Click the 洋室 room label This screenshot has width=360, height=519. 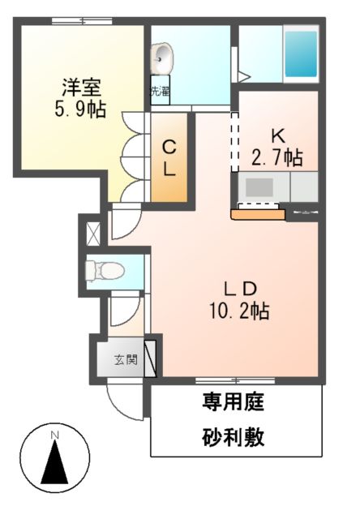(79, 85)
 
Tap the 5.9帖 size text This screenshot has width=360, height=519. (79, 109)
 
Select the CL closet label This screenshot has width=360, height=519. (170, 158)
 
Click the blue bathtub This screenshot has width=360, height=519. (300, 54)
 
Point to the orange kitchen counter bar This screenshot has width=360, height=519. (258, 215)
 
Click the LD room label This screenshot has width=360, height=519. (241, 288)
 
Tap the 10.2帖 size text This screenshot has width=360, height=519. (241, 311)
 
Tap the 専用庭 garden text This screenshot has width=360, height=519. (233, 401)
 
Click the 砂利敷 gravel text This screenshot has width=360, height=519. (233, 439)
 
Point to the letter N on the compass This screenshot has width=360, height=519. (55, 436)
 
